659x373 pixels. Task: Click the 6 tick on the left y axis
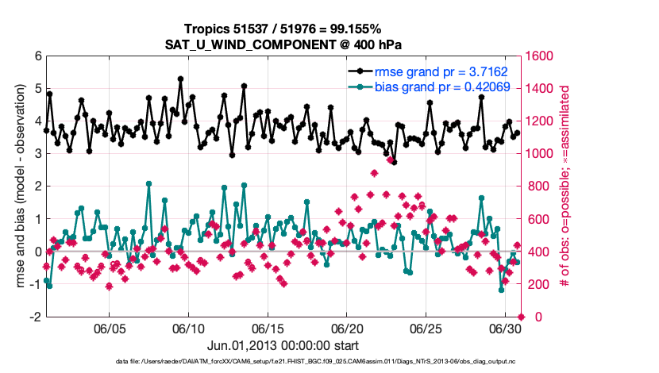pyautogui.click(x=37, y=56)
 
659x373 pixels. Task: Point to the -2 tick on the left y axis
pyautogui.click(x=35, y=317)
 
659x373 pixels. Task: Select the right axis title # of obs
pyautogui.click(x=566, y=186)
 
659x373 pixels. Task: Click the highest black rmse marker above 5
pyautogui.click(x=181, y=79)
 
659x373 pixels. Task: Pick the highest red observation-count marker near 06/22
pyautogui.click(x=375, y=173)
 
